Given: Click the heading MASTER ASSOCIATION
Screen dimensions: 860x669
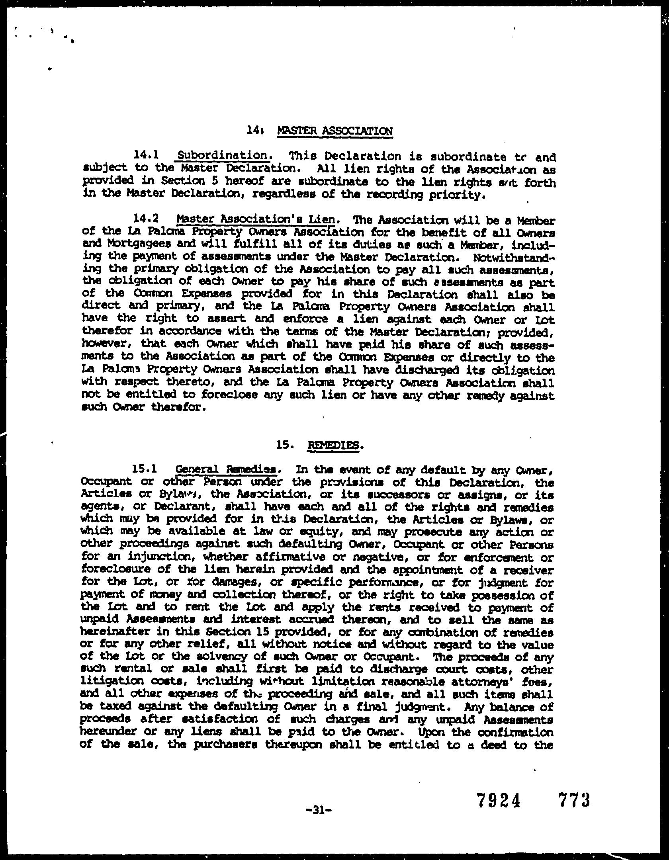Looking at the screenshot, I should (334, 131).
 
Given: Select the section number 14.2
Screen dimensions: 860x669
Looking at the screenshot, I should (146, 219).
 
